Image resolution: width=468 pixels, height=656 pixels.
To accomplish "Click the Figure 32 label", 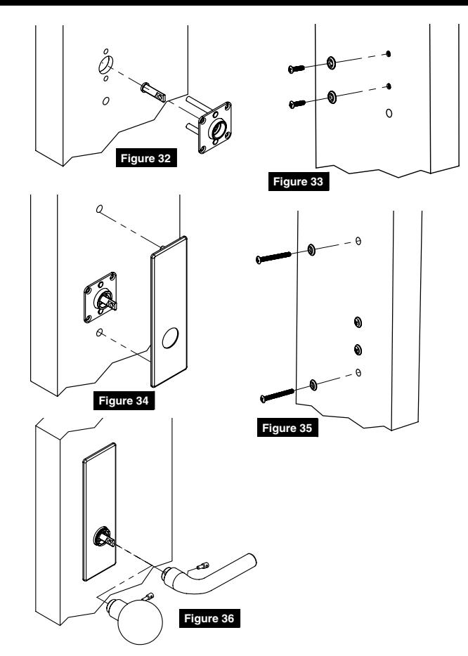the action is click(146, 158).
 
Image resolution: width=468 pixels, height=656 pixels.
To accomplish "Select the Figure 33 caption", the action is click(299, 182).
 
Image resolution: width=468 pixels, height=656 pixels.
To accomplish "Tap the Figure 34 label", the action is click(124, 401).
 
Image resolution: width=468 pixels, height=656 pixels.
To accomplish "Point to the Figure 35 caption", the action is click(287, 428).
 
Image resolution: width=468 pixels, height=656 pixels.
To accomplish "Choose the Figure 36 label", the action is click(209, 618).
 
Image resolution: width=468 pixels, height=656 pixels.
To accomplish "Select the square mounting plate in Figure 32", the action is click(215, 127).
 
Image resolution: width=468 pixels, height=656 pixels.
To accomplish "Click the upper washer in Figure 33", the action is click(331, 63).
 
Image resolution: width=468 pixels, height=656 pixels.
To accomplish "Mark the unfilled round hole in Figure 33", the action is click(389, 113).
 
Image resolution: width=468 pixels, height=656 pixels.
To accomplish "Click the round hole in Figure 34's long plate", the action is click(170, 338).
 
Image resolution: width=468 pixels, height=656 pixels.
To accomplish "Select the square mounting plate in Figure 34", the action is click(100, 298).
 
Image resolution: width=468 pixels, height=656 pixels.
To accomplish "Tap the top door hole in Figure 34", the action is click(100, 209).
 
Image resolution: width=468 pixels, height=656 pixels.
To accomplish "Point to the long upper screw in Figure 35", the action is click(273, 257).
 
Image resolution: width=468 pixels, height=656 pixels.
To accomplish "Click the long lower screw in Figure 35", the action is click(277, 395).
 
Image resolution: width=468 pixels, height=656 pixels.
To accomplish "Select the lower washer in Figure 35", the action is click(313, 384).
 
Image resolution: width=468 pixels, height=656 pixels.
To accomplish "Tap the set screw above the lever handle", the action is click(202, 567).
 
